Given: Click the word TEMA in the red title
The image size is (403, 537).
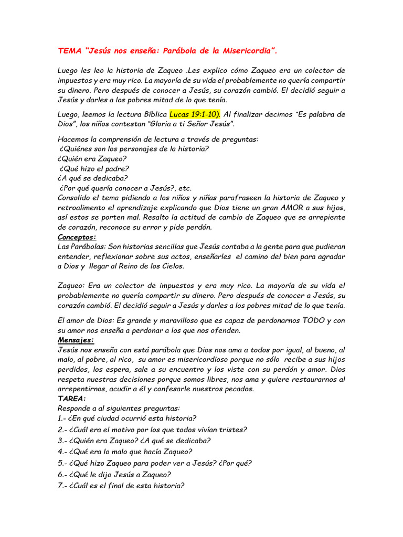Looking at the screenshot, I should (69, 51).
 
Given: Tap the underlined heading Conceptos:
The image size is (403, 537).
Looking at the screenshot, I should (77, 237).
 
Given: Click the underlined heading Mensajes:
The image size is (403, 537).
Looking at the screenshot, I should (76, 340).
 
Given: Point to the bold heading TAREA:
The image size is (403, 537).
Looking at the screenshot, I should (72, 399).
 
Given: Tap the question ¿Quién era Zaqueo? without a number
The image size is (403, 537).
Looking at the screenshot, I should (93, 158).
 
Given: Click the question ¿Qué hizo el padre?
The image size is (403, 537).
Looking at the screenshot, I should (94, 168).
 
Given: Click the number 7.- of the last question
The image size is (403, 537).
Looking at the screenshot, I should (63, 486).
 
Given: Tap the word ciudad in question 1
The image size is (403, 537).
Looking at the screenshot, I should (107, 418).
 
